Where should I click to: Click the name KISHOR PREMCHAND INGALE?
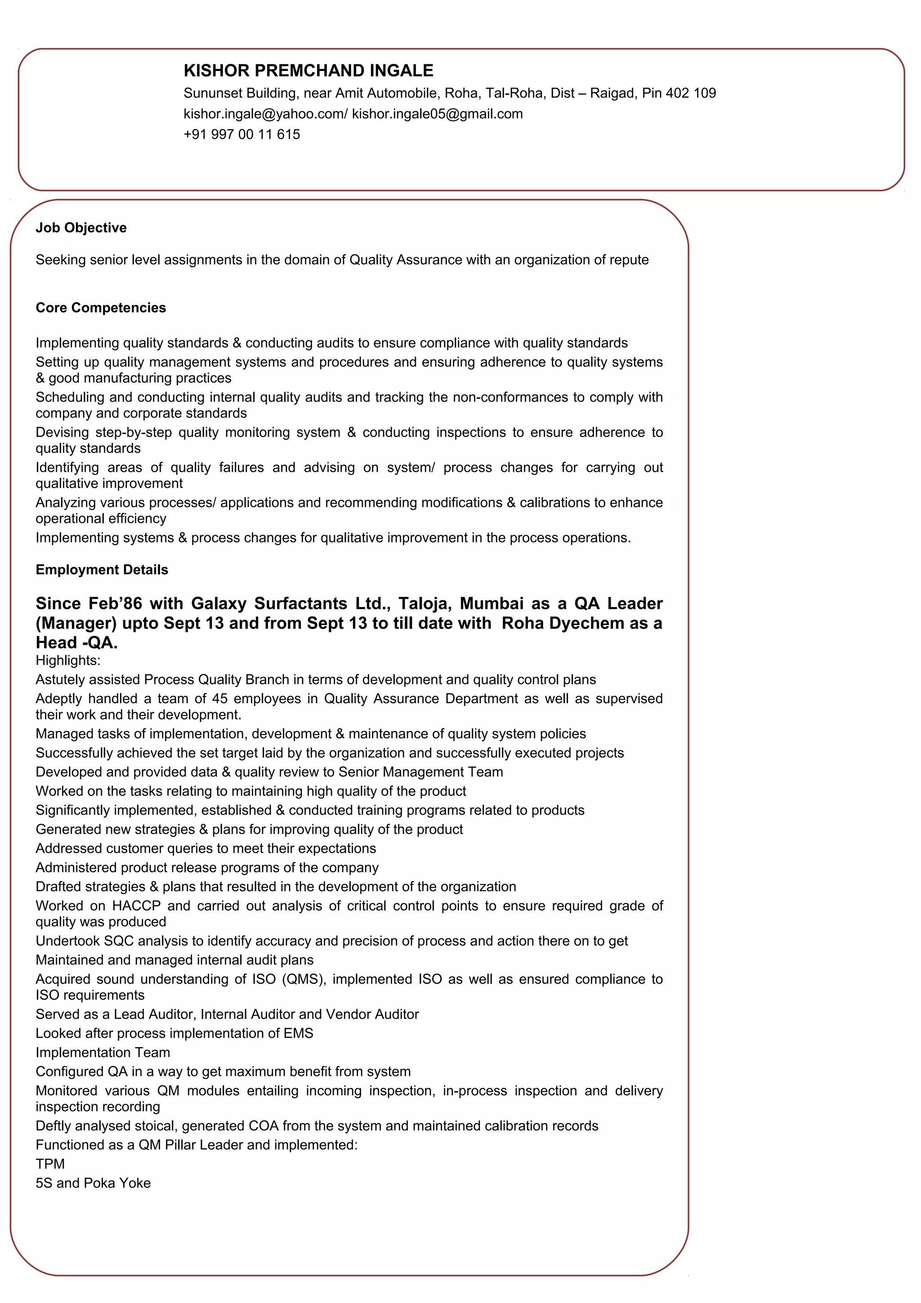point(308,71)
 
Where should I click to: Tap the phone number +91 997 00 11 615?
point(242,134)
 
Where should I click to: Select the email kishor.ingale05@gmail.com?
point(437,114)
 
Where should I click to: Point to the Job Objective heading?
point(81,228)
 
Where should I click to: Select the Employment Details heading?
point(102,570)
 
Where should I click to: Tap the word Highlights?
point(68,660)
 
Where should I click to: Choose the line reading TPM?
point(50,1164)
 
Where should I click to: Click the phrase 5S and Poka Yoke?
point(93,1183)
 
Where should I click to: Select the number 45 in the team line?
point(219,699)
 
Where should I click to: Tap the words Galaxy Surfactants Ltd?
point(291,603)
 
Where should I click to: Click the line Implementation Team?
point(103,1053)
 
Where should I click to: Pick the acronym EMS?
point(299,1033)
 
